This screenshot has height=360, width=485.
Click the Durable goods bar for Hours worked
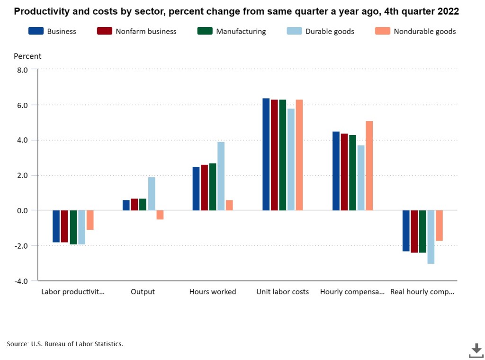[x=221, y=176]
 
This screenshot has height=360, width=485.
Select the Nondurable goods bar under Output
[x=160, y=215]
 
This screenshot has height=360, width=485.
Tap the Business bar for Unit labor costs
[x=266, y=154]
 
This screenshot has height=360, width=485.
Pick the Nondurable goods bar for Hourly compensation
[x=369, y=166]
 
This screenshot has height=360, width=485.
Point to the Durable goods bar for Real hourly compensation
[x=431, y=237]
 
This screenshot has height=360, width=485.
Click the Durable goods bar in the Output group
[x=152, y=194]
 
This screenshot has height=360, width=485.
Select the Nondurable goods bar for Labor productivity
[x=90, y=220]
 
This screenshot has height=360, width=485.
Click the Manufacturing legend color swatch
[x=205, y=31]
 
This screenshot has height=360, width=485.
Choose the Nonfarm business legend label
[x=146, y=31]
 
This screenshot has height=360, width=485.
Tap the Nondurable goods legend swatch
[x=382, y=31]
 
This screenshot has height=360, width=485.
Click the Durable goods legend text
[x=330, y=31]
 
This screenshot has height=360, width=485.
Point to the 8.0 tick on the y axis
[x=22, y=70]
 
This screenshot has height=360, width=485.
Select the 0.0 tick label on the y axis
[x=22, y=210]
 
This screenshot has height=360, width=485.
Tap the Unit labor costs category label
[x=282, y=292]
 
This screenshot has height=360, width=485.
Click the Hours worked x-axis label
[x=213, y=292]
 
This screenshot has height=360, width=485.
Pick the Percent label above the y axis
[x=27, y=56]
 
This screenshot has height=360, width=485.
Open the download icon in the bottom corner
[x=476, y=351]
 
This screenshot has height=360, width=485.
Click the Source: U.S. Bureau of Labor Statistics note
[x=65, y=344]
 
